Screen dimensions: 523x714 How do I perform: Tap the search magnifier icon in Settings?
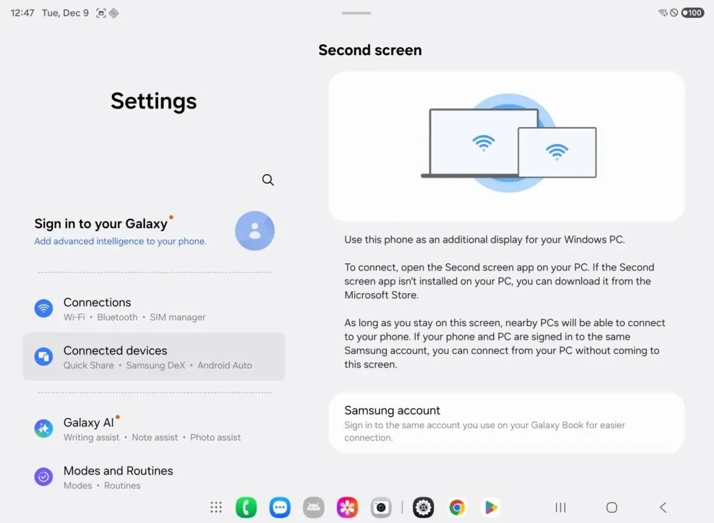tap(268, 180)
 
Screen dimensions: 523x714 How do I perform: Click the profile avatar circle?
tap(255, 230)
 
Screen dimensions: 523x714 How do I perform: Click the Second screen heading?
tap(370, 50)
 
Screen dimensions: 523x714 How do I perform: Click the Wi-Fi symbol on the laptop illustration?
tap(483, 143)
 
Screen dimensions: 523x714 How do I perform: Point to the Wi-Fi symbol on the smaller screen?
tap(556, 151)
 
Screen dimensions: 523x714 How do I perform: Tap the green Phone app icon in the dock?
tap(246, 507)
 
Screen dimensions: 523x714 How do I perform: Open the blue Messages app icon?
tap(280, 507)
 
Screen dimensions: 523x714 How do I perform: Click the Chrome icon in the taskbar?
tap(457, 507)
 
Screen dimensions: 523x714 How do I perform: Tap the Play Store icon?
tap(491, 507)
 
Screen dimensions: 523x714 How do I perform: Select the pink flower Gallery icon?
tap(348, 507)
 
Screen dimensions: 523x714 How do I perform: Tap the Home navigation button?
tap(612, 507)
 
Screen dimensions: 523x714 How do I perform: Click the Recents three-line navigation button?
tap(560, 507)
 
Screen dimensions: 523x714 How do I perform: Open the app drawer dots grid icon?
tap(216, 507)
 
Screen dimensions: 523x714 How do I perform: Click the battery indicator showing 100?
tap(693, 13)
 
